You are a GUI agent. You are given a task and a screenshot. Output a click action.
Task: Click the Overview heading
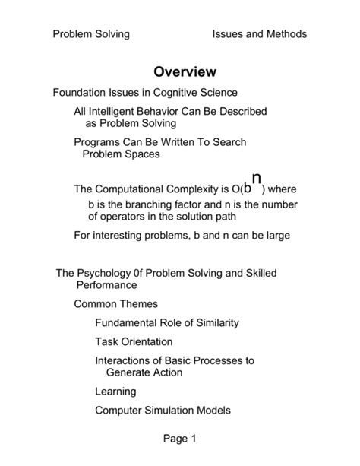(x=185, y=72)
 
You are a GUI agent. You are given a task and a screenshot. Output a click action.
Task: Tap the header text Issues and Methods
(x=260, y=34)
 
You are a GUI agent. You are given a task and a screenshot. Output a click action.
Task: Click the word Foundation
(x=80, y=93)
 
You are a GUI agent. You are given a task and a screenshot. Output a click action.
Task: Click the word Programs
(x=97, y=142)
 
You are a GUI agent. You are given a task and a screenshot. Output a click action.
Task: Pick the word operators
(x=124, y=216)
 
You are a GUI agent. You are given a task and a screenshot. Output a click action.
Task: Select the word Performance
(x=106, y=285)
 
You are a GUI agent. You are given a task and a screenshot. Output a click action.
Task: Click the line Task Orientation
(x=134, y=341)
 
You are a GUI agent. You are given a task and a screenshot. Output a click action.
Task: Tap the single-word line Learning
(x=115, y=392)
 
